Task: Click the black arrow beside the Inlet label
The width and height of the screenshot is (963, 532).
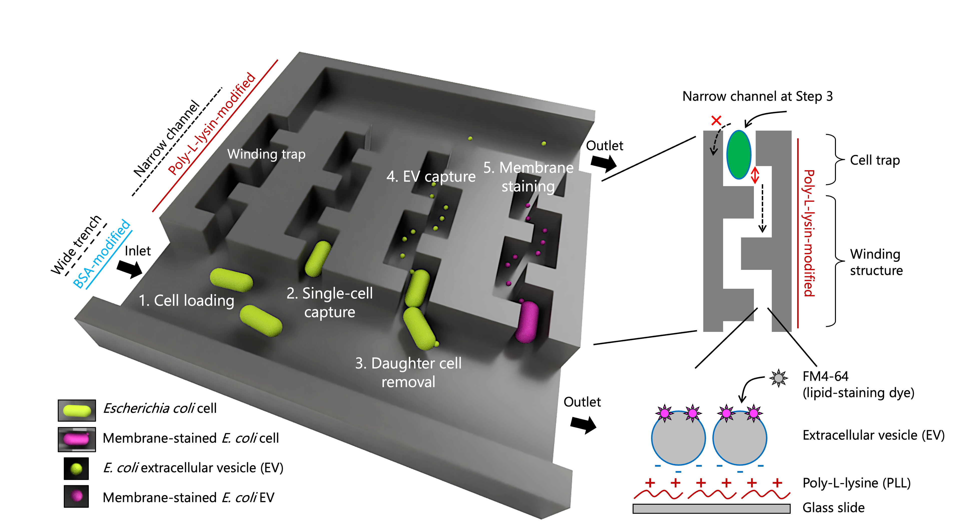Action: click(129, 269)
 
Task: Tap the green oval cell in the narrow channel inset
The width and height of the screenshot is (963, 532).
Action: click(738, 154)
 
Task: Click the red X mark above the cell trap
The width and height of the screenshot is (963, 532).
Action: click(716, 120)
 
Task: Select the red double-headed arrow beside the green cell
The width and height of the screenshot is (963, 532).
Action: click(755, 175)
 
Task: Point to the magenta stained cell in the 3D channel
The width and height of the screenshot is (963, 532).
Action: click(527, 322)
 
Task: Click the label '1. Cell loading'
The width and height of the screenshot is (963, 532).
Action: click(186, 301)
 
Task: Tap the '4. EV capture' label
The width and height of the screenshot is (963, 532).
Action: click(431, 176)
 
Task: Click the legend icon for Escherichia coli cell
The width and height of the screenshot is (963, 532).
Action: click(77, 410)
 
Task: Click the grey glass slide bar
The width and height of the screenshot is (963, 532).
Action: click(711, 508)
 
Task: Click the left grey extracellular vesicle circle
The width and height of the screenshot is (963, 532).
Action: click(678, 438)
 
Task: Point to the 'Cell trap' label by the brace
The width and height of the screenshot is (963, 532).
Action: click(874, 160)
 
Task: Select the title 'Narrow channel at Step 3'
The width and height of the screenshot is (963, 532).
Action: click(757, 97)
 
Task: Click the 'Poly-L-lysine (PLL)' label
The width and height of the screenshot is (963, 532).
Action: click(856, 483)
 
